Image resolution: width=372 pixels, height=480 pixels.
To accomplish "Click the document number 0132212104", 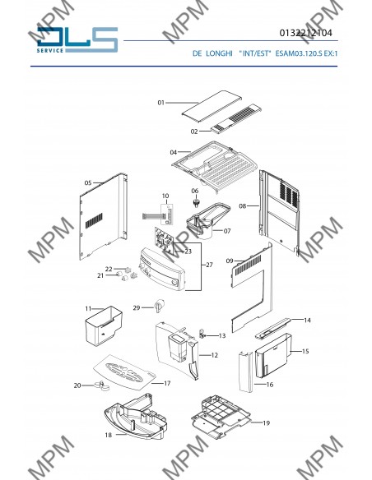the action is tap(305, 33).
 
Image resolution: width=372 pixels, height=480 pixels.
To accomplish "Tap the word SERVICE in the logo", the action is tap(50, 50).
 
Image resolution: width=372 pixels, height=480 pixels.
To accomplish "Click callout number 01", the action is tap(160, 103).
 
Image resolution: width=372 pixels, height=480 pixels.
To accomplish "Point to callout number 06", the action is tap(195, 191).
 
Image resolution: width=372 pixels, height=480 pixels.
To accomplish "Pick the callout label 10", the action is tap(165, 196).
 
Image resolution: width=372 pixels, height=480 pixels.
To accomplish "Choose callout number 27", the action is tap(209, 265).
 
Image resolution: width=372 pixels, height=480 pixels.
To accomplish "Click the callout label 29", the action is tap(137, 307).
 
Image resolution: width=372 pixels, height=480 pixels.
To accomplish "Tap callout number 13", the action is tap(222, 336).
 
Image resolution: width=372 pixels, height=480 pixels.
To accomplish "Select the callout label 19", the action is tap(267, 423).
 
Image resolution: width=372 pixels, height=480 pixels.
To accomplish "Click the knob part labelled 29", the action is tap(159, 306).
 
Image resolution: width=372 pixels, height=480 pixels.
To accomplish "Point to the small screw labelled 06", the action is tap(196, 202).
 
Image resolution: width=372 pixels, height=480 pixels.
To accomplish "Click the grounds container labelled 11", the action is tap(103, 326).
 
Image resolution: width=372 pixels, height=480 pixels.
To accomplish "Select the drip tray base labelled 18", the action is tap(136, 416).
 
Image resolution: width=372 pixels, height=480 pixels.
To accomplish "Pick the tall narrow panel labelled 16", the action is tap(246, 372).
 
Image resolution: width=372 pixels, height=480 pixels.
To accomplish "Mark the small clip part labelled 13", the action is tap(202, 334).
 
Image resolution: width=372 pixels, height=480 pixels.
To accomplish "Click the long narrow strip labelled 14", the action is tap(272, 329).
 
